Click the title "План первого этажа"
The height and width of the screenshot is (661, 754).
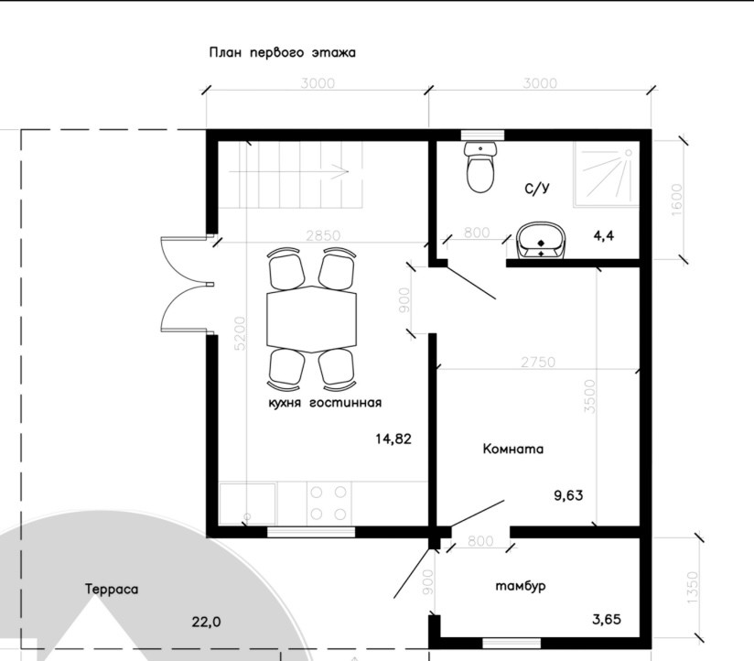pos(282,52)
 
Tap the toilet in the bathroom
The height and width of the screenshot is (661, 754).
pos(479,167)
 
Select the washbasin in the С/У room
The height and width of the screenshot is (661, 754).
pos(542,241)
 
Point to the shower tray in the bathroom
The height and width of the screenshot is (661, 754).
pos(606,176)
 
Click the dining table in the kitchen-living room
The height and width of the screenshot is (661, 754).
pos(312,319)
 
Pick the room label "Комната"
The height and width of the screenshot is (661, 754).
pos(513,449)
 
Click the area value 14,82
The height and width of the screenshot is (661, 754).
pos(393,439)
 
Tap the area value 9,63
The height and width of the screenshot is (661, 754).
pos(568,495)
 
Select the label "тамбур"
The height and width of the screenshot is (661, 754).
pos(521,586)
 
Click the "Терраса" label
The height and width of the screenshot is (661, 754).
pos(112,590)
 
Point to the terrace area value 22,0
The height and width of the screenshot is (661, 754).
pos(206,622)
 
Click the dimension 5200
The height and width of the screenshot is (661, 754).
pos(240,333)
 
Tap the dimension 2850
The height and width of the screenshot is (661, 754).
pos(323,235)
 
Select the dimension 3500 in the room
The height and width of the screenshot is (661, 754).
pos(589,396)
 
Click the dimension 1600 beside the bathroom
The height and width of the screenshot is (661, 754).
pos(675,200)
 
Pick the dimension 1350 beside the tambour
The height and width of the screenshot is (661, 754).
pos(692,588)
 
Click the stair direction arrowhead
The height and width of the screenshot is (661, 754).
pos(342,171)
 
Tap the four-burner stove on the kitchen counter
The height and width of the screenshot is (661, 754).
pos(329,504)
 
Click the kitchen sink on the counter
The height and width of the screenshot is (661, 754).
pos(248,504)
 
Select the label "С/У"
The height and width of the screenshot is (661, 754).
pos(537,188)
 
